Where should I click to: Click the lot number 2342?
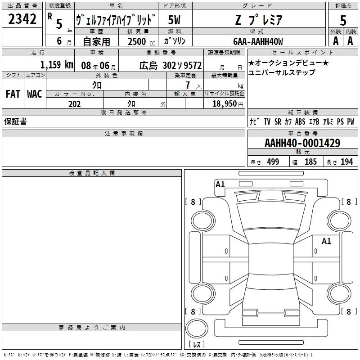click(x=22, y=19)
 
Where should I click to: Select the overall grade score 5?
click(x=343, y=20)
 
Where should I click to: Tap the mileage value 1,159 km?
click(x=57, y=64)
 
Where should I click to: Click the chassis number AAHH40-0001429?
click(x=302, y=143)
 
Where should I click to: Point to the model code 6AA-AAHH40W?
click(x=258, y=41)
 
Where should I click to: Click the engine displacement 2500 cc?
click(x=141, y=41)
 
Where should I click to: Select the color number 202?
click(x=75, y=104)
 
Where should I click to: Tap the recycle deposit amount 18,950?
click(x=225, y=104)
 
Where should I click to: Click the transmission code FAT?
click(x=13, y=94)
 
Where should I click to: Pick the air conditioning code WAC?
click(x=35, y=94)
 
